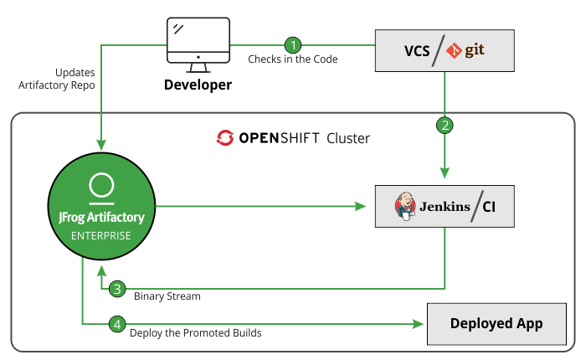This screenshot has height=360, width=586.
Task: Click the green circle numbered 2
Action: pos(445,125)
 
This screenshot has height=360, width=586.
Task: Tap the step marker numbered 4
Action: pos(118,322)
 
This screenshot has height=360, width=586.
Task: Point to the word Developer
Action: pos(198,85)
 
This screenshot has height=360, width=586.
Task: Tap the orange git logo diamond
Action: pos(455,51)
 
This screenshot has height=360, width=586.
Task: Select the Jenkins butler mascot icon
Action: pos(406,205)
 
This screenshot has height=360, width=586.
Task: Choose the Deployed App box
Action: pos(496,323)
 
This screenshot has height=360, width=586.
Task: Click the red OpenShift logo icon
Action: pos(224,137)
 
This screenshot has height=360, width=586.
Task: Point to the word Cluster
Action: pos(348,137)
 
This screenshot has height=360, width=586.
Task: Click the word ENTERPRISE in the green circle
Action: pos(101,235)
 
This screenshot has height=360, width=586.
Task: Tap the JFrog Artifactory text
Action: pos(101,218)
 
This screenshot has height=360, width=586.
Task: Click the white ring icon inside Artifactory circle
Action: pos(101,185)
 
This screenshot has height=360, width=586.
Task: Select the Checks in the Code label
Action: pos(293,59)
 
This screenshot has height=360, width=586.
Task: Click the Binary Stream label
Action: pos(167,296)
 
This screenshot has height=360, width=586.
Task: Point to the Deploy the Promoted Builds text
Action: pos(195,332)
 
